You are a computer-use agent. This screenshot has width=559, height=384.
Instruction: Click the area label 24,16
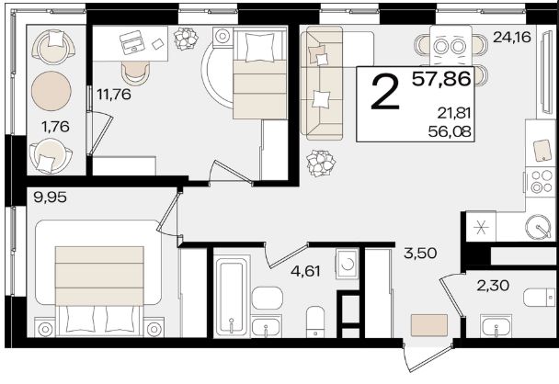click(x=512, y=38)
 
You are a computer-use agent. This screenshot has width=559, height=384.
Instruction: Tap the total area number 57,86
click(x=441, y=79)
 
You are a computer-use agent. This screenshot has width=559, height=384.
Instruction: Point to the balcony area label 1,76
click(x=55, y=127)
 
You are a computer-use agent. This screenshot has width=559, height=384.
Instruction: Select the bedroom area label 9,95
click(x=50, y=197)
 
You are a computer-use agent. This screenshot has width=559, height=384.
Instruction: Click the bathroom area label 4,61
click(x=305, y=272)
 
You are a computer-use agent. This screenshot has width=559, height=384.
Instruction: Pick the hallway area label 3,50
click(x=420, y=254)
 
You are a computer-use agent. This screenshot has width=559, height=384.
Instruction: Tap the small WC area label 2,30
click(x=493, y=286)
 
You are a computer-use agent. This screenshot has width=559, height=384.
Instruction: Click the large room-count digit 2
click(x=385, y=94)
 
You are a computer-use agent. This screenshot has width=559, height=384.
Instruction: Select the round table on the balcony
click(x=51, y=91)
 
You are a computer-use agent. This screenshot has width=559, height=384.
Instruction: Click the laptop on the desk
click(x=131, y=42)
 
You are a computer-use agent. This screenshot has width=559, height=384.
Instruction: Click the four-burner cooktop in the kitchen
click(x=542, y=182)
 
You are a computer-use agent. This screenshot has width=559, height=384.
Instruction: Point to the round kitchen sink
click(x=538, y=226)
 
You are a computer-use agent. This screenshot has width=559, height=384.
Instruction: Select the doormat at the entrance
click(x=429, y=325)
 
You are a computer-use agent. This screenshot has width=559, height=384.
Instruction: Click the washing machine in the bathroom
click(x=347, y=264)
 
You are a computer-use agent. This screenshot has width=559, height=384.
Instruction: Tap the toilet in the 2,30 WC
click(x=540, y=298)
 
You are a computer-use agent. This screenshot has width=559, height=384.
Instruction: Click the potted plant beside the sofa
click(x=321, y=164)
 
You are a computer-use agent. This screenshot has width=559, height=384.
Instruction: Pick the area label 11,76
click(x=114, y=95)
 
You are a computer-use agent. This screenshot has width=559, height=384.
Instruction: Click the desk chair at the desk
click(x=135, y=73)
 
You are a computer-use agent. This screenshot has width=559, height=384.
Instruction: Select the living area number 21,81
click(x=454, y=114)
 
